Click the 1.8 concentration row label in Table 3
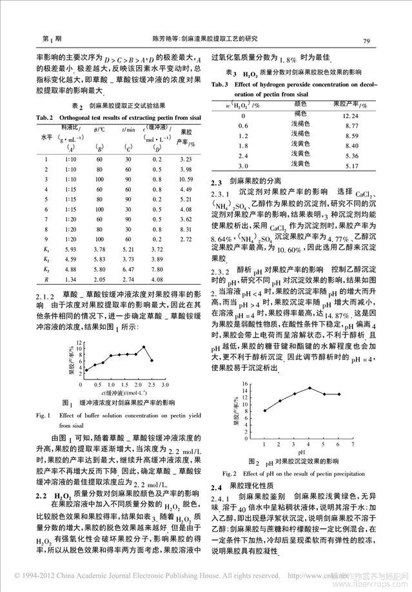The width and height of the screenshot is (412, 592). click(x=242, y=146)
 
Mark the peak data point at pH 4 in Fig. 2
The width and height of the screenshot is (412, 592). click(x=309, y=388)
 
